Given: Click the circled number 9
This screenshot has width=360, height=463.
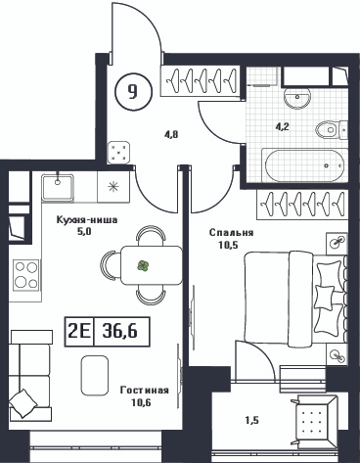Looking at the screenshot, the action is point(134,91).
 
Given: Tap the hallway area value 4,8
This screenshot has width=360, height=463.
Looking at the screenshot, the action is point(171,134).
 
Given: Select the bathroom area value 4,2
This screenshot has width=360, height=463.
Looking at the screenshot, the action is point(283,126).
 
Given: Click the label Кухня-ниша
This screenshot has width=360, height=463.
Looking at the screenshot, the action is point(87,220).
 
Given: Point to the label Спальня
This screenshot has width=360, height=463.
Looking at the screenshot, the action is point(231,233).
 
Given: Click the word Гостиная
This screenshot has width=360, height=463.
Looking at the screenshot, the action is point(145,391).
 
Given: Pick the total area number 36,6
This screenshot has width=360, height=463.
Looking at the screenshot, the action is point(120,332).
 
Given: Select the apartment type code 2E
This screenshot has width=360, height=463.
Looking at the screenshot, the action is point(79,332).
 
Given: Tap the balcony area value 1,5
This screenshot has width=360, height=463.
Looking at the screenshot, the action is point(252,421).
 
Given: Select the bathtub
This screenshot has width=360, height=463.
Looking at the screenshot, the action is point(304,165).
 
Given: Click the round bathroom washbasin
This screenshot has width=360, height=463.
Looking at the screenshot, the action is point(296,98).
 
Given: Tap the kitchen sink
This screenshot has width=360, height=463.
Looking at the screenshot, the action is point(58,187).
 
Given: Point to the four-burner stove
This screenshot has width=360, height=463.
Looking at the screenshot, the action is point(25,275).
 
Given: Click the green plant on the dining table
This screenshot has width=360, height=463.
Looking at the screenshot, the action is point(143,265).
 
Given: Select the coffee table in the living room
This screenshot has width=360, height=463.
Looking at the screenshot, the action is point(95,376).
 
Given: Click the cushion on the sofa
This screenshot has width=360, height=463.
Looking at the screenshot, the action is point(22,403).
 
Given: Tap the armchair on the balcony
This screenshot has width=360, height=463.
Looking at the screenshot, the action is point(314,420).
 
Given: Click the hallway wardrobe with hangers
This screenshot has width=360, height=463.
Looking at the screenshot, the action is point(200,81).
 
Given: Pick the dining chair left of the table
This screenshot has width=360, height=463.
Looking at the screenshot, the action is point(111,265).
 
